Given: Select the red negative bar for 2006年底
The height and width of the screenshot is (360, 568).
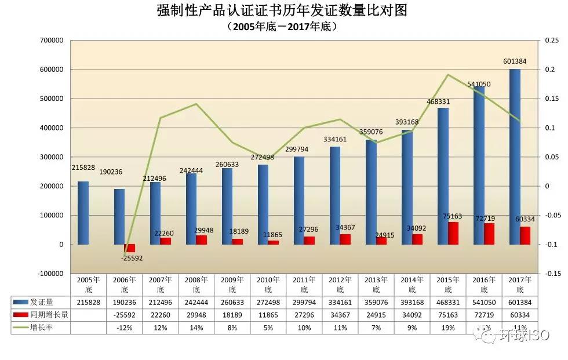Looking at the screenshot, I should coord(130,248).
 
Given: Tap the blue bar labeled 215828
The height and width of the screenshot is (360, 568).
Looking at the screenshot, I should coord(83,213).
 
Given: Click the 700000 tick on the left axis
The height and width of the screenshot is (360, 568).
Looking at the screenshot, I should coord(51,41).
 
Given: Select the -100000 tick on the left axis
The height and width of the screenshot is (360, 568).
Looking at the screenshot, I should coord(49,274).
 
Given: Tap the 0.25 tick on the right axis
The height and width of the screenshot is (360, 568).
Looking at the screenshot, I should coord(551,41).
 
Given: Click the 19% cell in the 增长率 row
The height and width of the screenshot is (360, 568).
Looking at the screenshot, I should coord(447,328).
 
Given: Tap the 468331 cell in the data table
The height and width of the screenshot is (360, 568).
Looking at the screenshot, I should coord(447,303).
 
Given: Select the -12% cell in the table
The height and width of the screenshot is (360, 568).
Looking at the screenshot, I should coord(125,328).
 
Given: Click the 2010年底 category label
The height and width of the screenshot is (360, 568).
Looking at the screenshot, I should coord(268,284).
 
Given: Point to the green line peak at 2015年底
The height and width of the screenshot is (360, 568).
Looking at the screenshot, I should coord(447,75).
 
